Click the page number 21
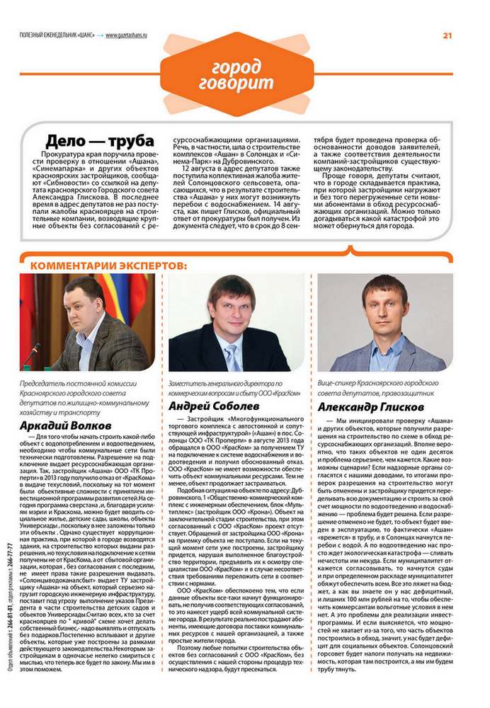[x=448, y=35]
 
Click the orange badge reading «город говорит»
[x=237, y=74]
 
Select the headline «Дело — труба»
[x=89, y=140]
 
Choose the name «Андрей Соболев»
[x=213, y=406]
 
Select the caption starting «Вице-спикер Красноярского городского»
[x=377, y=387]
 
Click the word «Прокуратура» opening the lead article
[x=67, y=153]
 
